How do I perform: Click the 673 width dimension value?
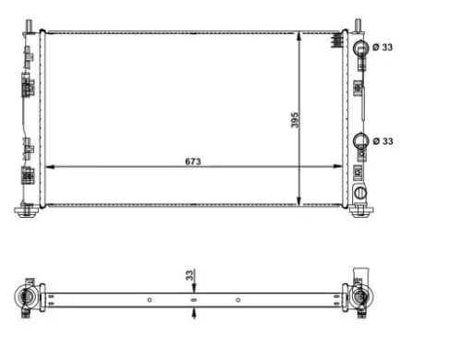(x=192, y=161)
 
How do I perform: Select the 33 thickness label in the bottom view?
(x=188, y=275)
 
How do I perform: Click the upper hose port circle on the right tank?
(x=361, y=47)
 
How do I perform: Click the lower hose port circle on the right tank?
(x=361, y=141)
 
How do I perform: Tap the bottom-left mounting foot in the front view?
(x=28, y=210)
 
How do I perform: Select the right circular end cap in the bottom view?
(x=360, y=297)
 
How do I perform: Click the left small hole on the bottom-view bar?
(x=149, y=298)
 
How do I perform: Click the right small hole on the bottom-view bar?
(x=237, y=298)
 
